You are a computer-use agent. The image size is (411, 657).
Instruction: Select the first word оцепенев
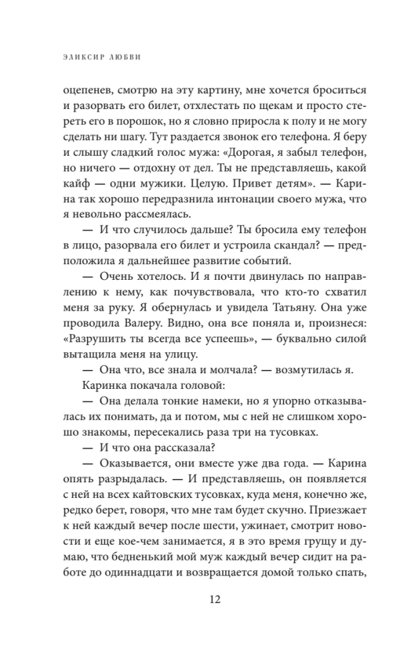[83, 91]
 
